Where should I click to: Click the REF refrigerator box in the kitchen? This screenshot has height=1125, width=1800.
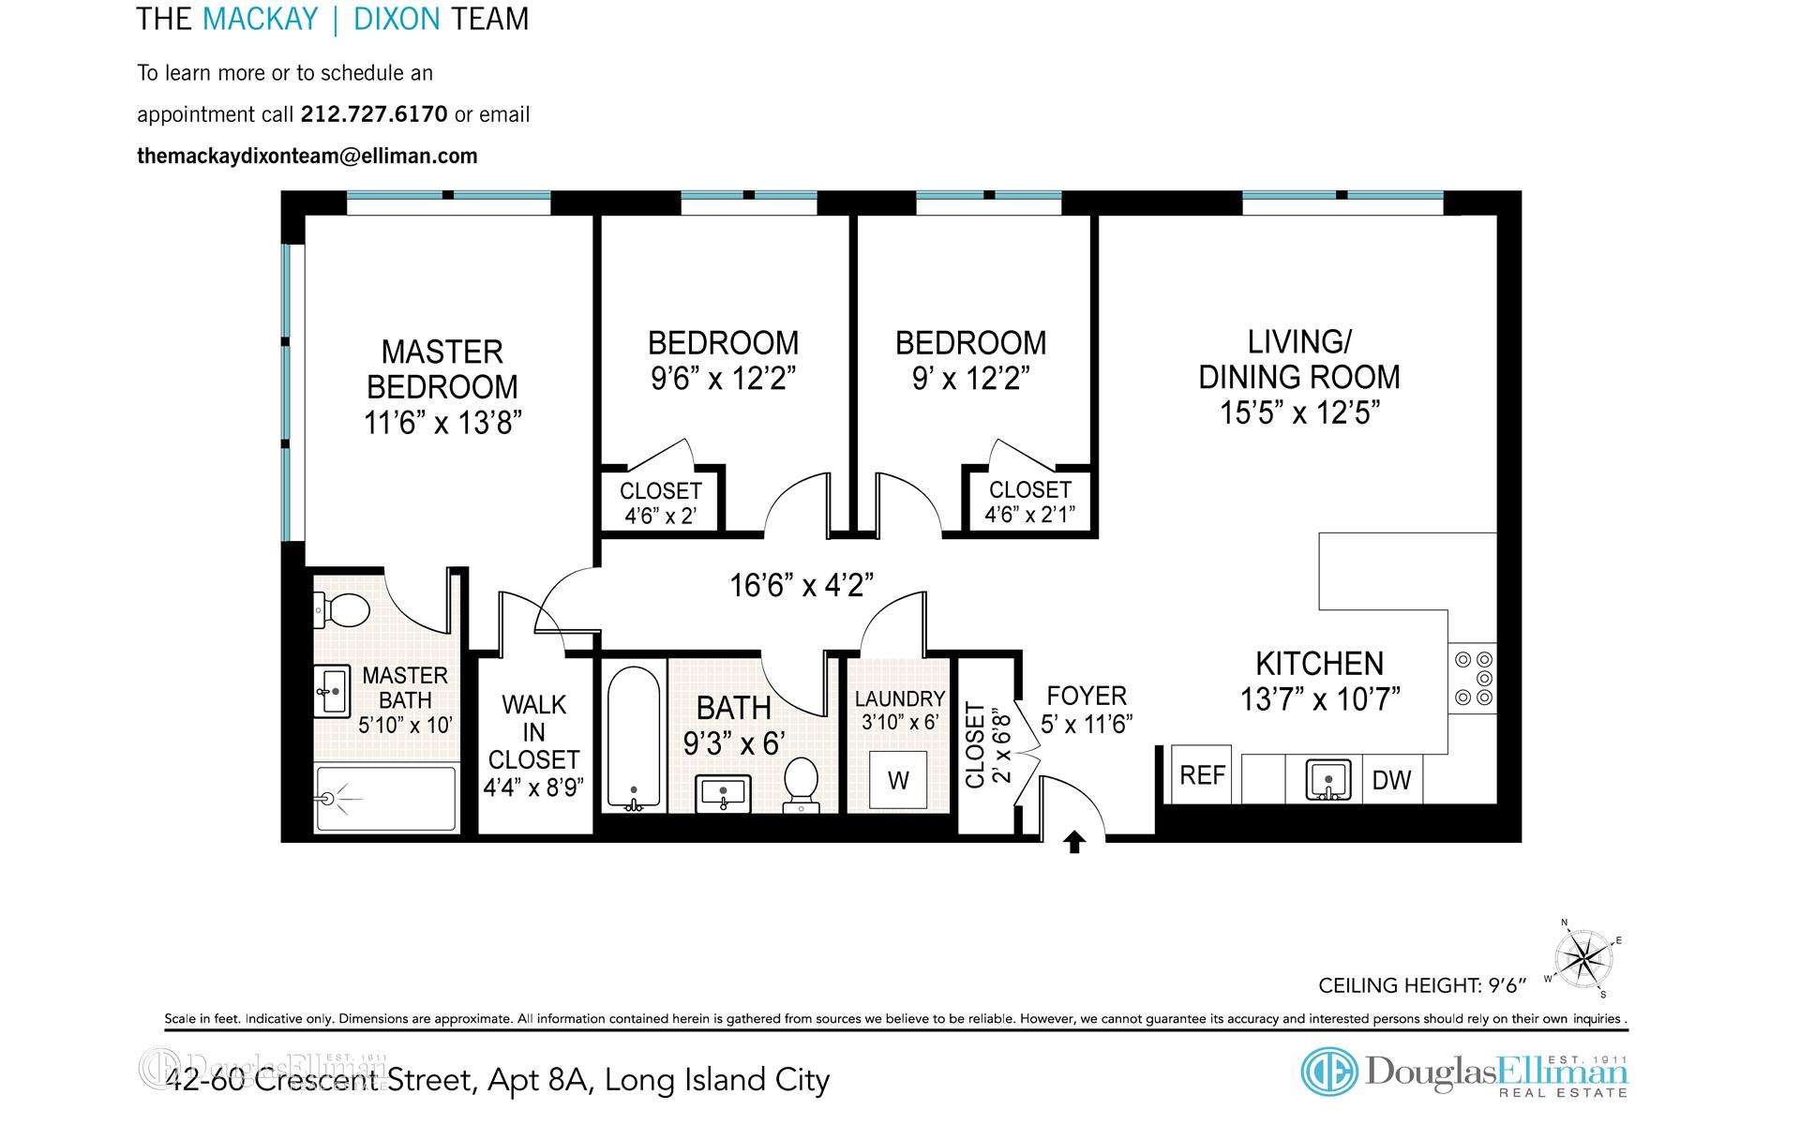pos(1203,775)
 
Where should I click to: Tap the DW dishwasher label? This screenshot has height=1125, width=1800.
pos(1391,780)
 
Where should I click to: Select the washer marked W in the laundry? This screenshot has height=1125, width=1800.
pos(898,780)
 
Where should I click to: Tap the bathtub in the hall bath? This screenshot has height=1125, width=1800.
pos(633,738)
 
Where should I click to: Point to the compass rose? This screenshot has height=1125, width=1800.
pos(1583,958)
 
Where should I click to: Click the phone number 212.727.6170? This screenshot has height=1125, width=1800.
pos(373,114)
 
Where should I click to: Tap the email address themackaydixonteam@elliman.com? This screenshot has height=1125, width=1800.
pos(307,156)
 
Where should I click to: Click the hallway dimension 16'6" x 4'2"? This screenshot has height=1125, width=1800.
pos(802,586)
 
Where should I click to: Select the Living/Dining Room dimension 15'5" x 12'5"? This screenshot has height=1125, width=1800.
pos(1299,412)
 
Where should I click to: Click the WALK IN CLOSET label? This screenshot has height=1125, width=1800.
pos(533,732)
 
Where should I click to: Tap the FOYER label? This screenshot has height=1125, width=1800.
pos(1087,696)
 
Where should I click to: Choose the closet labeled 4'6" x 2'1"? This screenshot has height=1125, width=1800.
pos(1029,502)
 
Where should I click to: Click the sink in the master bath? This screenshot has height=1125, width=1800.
pos(332,692)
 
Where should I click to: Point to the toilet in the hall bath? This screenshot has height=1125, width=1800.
pos(802,784)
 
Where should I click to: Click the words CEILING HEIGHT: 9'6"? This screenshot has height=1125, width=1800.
pos(1422,985)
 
